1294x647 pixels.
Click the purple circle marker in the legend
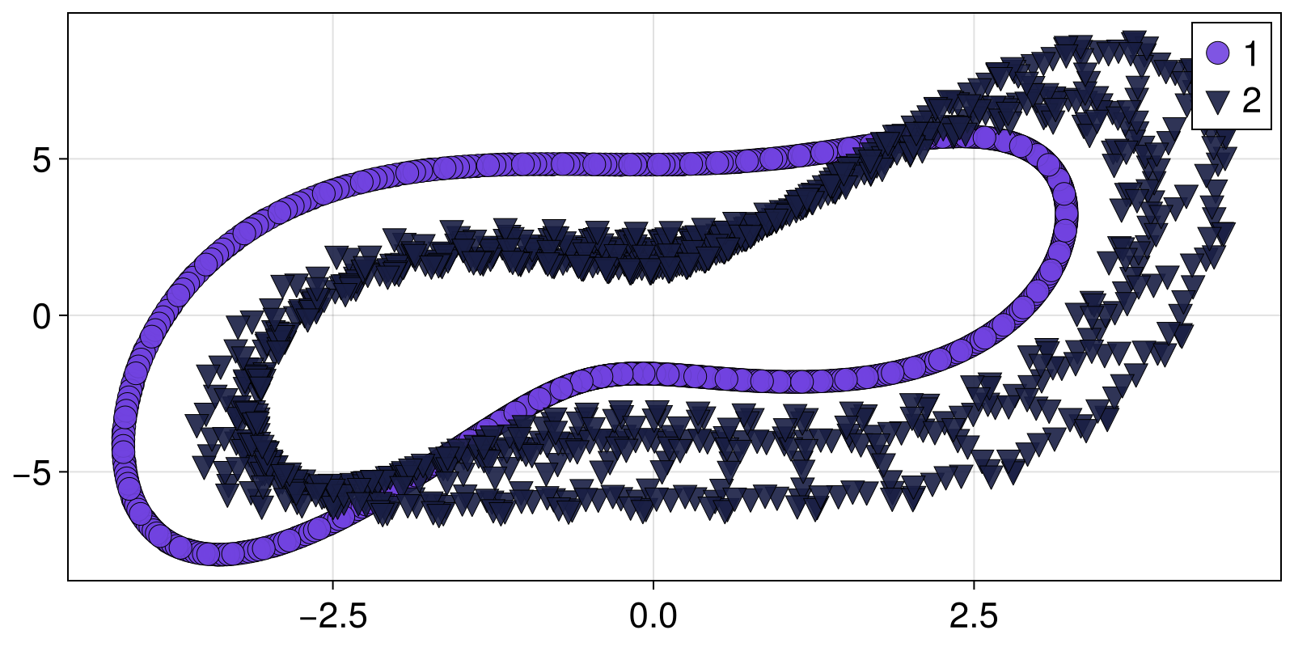[1217, 53]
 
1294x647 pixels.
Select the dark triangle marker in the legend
[1217, 102]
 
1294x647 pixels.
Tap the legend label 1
[1251, 54]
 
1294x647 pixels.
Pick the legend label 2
[1251, 102]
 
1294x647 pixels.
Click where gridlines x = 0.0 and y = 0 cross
[653, 315]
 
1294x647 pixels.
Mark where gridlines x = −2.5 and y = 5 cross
[332, 159]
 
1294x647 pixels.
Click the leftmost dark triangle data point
[197, 423]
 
